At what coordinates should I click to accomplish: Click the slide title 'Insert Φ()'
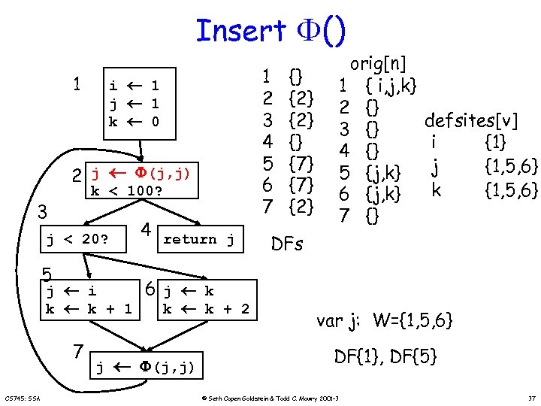coord(270,30)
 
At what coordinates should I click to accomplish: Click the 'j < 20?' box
coord(78,240)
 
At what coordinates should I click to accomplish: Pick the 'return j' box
coord(199,239)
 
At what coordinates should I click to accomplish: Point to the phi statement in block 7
coord(146,367)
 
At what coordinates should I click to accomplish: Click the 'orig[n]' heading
coord(379,63)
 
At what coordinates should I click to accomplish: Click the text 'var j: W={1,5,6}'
coord(384,321)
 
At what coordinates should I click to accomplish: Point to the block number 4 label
coord(147,229)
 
